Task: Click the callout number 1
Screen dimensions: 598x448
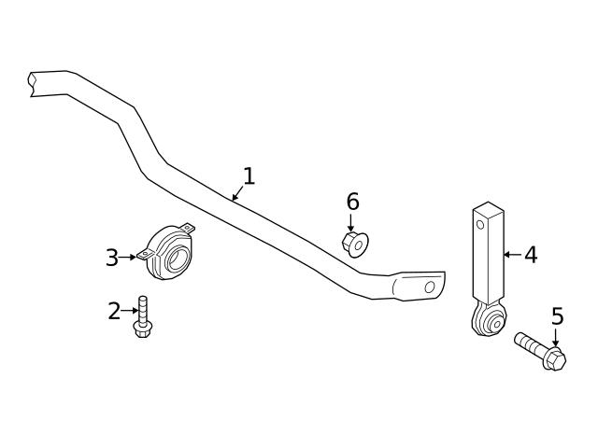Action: (249, 175)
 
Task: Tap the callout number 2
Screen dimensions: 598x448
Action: (114, 311)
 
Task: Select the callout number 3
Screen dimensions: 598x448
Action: (112, 258)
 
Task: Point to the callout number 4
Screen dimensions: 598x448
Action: (531, 254)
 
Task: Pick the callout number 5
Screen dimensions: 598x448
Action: (557, 316)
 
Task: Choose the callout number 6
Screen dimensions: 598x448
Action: (352, 201)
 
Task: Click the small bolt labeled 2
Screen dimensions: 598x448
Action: (143, 317)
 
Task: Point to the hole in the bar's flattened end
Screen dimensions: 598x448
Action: (430, 287)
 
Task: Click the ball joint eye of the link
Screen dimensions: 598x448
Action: (488, 322)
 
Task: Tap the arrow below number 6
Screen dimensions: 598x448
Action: (351, 222)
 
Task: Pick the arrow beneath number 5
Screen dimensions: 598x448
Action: (556, 339)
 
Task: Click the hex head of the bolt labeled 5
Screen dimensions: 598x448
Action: (553, 358)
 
